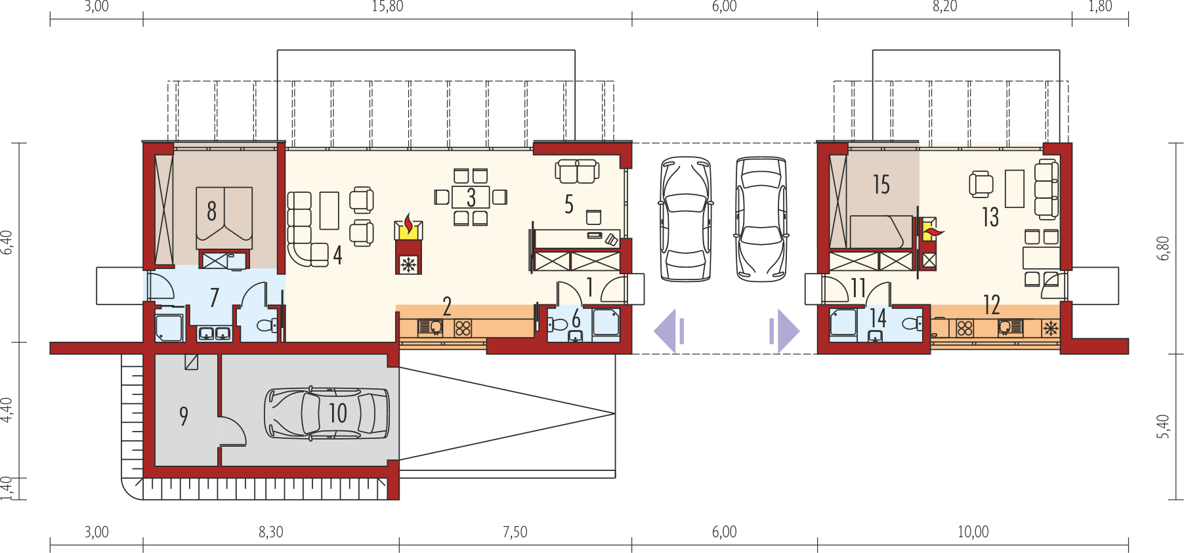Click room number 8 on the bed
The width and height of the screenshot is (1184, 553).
pyautogui.click(x=211, y=211)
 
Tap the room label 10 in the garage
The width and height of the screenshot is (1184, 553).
pyautogui.click(x=337, y=413)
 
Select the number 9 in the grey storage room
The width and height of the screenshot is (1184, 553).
pyautogui.click(x=184, y=415)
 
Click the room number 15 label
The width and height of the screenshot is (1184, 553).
pyautogui.click(x=881, y=184)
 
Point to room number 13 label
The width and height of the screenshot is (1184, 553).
pyautogui.click(x=990, y=217)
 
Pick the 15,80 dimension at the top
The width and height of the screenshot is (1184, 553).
pyautogui.click(x=387, y=7)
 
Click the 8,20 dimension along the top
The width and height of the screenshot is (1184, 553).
pyautogui.click(x=944, y=7)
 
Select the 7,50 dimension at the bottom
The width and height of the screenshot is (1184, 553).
pyautogui.click(x=515, y=532)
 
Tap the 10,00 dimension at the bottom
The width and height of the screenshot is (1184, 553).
pyautogui.click(x=973, y=532)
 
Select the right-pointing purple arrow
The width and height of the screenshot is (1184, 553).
pyautogui.click(x=786, y=331)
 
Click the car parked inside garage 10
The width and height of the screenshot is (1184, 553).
pyautogui.click(x=327, y=413)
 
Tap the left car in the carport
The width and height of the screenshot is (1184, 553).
pyautogui.click(x=685, y=218)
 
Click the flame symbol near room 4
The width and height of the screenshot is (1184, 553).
pyautogui.click(x=408, y=226)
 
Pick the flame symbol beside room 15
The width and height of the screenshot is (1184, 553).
pyautogui.click(x=932, y=231)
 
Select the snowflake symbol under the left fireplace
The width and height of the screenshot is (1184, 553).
pyautogui.click(x=408, y=265)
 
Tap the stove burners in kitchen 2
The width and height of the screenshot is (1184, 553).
pyautogui.click(x=463, y=327)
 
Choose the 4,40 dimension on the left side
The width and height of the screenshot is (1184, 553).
pyautogui.click(x=7, y=410)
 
